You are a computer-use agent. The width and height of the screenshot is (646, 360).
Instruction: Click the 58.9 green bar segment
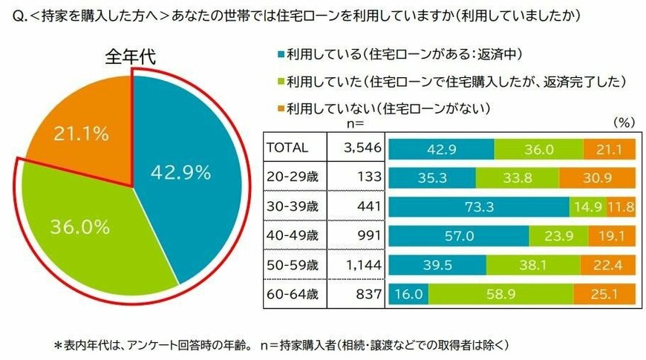click(x=500, y=293)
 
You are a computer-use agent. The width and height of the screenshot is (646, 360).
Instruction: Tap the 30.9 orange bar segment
click(x=597, y=177)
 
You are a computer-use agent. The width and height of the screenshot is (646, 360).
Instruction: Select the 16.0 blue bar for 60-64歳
click(x=408, y=293)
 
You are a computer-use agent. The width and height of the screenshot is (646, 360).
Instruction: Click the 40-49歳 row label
click(x=293, y=235)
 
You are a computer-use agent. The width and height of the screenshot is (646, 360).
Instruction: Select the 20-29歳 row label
click(x=293, y=177)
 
